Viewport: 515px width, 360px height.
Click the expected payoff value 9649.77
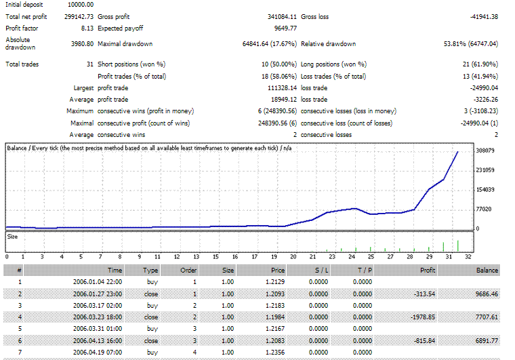[x=283, y=28]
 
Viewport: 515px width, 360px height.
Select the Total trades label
[x=22, y=64]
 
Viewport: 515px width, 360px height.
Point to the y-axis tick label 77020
[x=485, y=209]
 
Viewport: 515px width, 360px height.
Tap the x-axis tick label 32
[x=468, y=257]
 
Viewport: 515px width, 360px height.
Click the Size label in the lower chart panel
[x=12, y=236]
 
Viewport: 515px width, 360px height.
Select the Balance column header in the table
[x=487, y=269]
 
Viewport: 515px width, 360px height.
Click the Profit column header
[x=428, y=269]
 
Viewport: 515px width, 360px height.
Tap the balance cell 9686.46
[x=484, y=293]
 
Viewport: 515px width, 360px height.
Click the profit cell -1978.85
[x=425, y=317]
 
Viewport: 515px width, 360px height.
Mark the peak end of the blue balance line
[x=458, y=152]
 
